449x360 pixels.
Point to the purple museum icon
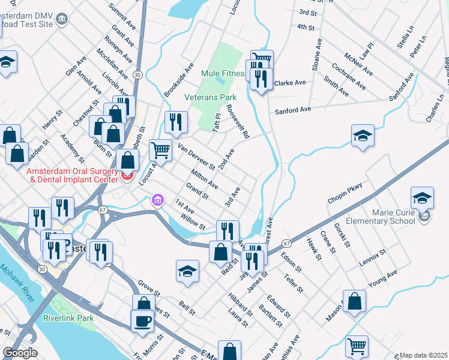[x=158, y=199]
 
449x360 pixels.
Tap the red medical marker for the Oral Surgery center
[x=127, y=176]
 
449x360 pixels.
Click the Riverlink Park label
[x=68, y=317]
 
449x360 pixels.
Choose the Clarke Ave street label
[x=290, y=83]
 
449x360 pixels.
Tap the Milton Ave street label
[x=204, y=179]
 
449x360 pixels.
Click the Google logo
[x=20, y=353]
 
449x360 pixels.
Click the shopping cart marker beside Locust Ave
[x=160, y=150]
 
